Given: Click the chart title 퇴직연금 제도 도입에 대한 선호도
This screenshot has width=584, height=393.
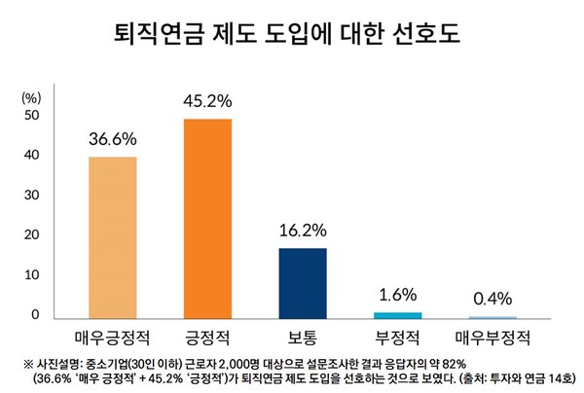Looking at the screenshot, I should tap(291, 36).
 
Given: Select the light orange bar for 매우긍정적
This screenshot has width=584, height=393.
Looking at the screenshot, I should tap(112, 237).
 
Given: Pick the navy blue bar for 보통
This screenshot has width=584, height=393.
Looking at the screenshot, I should tap(303, 282).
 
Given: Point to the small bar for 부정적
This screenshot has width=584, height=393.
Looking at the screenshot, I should tap(398, 315).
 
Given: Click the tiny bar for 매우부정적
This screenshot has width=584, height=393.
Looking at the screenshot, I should tap(493, 317).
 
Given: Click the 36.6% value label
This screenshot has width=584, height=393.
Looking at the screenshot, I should tap(112, 138).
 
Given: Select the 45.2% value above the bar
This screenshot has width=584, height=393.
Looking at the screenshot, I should tap(207, 100).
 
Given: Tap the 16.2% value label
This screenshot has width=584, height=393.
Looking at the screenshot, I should tap(303, 231).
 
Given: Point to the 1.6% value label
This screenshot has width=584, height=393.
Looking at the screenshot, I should tap(398, 294).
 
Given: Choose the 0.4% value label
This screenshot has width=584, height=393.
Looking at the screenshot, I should tap(493, 299).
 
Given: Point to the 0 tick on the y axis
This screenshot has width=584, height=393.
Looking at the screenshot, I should tap(35, 315).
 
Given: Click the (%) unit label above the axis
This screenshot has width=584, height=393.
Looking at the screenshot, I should tap(31, 97).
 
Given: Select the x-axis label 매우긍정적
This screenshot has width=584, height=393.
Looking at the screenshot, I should tap(112, 339).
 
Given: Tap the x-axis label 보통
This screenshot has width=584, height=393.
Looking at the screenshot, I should tap(303, 339).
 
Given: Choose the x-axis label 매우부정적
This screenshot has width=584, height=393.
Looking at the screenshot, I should tap(493, 339).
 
